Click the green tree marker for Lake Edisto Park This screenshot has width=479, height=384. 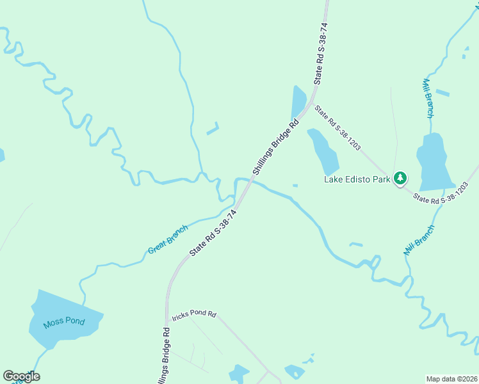(400, 177)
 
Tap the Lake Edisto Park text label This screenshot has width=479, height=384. (357, 180)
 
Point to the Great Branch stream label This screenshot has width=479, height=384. (168, 239)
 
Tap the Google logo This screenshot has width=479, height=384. (20, 376)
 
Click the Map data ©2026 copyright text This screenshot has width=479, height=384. (451, 379)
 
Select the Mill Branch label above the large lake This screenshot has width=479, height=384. (428, 98)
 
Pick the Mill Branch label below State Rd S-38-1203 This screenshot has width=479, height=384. (419, 240)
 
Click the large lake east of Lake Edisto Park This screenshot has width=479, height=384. (432, 163)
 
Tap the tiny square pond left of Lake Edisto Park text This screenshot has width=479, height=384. (295, 186)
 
